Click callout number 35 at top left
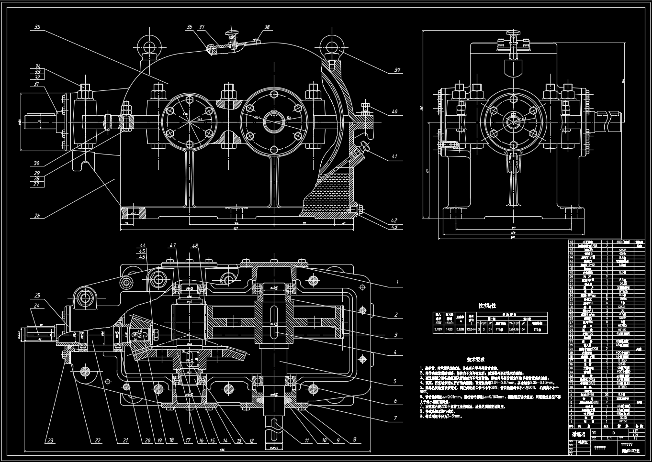point(37,27)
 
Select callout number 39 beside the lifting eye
point(397,70)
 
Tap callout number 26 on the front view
point(37,216)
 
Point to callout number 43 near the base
point(394,227)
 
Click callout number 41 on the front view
point(394,156)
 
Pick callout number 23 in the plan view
point(50,440)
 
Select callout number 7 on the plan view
point(395,418)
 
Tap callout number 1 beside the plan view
point(396,283)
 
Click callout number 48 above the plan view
point(195,245)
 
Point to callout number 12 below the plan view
point(251,440)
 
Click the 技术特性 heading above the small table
point(487,305)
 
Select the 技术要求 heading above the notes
point(476,359)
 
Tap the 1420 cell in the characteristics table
point(450,329)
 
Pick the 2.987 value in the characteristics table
point(438,329)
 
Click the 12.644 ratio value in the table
point(471,329)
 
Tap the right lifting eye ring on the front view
point(330,45)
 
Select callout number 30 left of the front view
point(37,164)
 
